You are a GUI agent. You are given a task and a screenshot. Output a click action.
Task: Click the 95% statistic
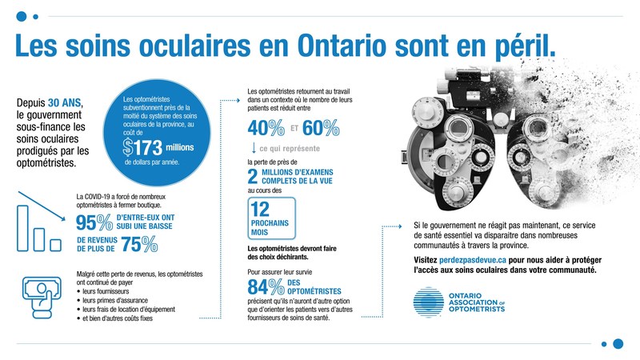(92, 223)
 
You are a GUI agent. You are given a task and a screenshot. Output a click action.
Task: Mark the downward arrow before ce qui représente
(254, 148)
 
